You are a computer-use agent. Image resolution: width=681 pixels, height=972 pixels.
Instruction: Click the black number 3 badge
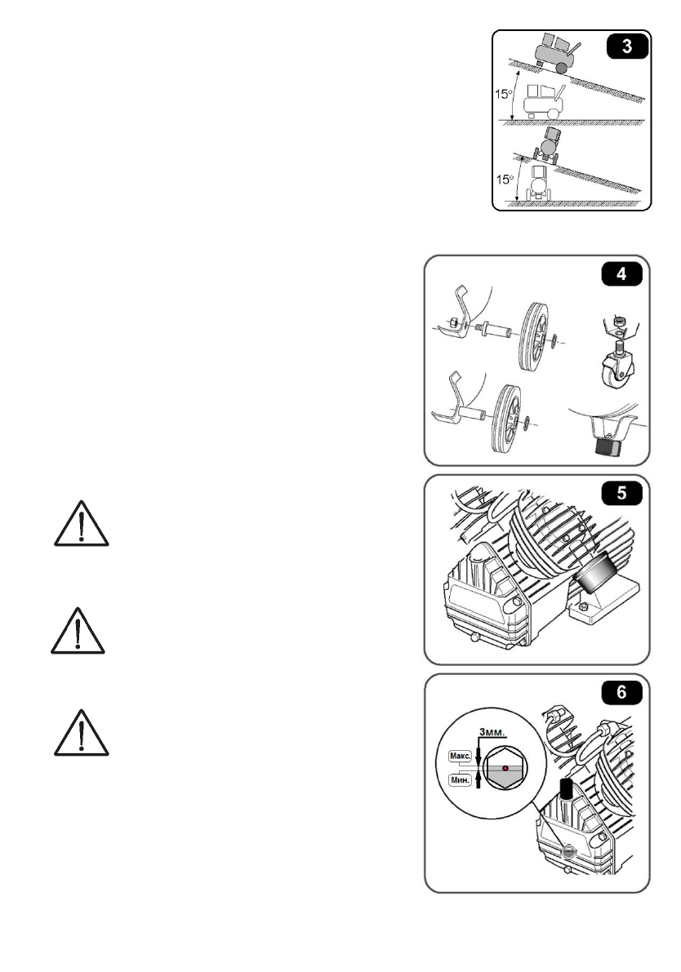pyautogui.click(x=626, y=45)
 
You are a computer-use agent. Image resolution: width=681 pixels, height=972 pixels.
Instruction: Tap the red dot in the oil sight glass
pyautogui.click(x=506, y=768)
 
